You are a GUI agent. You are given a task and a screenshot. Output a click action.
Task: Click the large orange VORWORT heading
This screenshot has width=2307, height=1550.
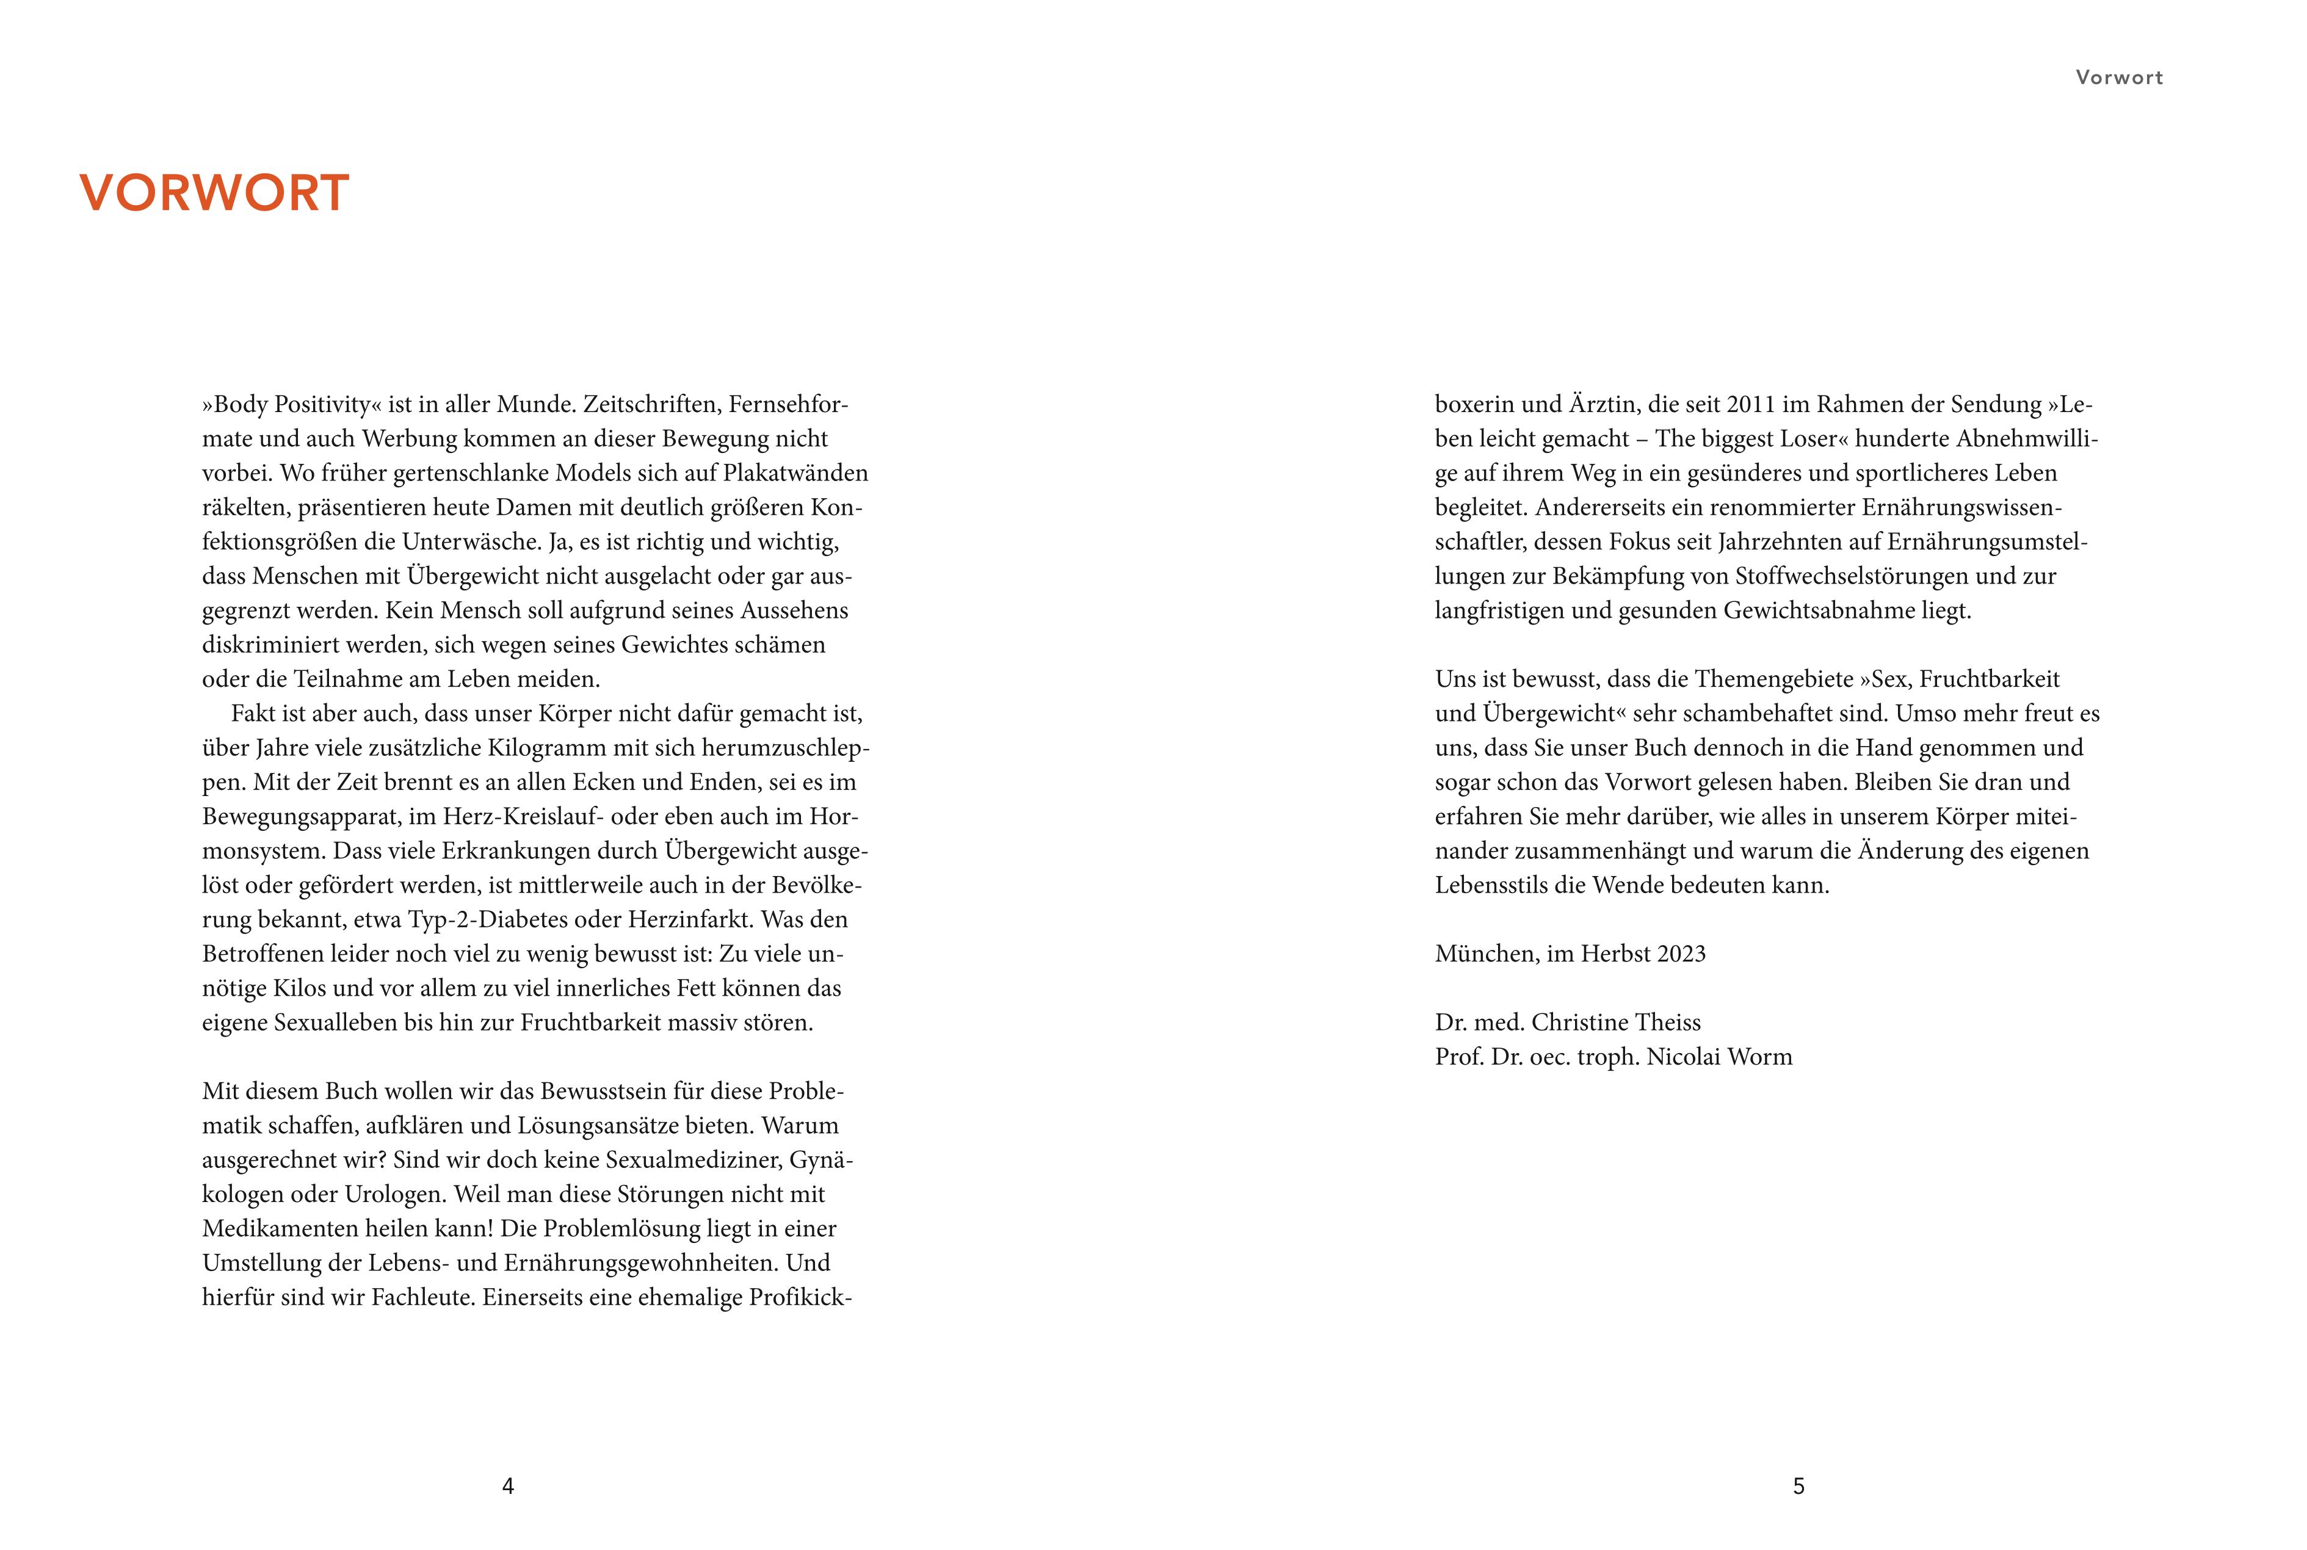tap(214, 193)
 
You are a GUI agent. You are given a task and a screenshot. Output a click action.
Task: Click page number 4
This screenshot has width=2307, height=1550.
tap(508, 1486)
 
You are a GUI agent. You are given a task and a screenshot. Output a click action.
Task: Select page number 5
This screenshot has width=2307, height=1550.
tap(1799, 1486)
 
